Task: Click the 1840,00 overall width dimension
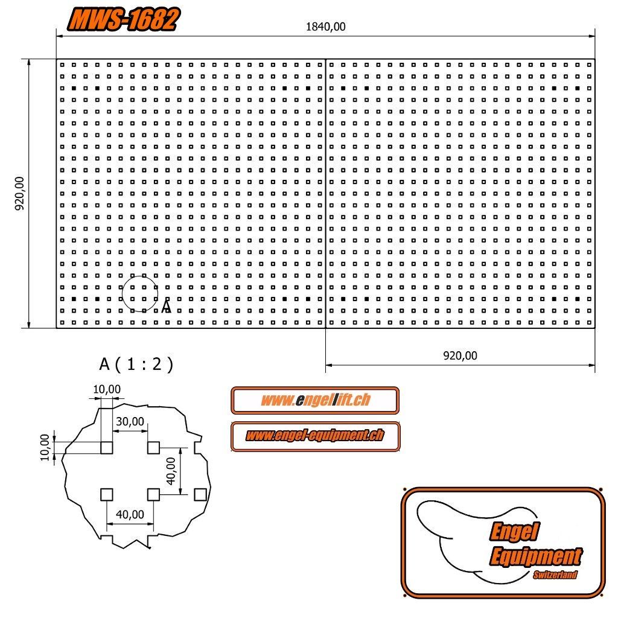pos(325,27)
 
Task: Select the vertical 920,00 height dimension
pos(19,193)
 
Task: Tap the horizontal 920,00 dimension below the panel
pos(460,356)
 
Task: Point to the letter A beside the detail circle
pos(167,306)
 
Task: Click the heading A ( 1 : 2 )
pos(136,364)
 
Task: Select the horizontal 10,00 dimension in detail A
pos(107,389)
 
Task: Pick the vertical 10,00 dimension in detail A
pos(45,447)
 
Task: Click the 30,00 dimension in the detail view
pos(130,422)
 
